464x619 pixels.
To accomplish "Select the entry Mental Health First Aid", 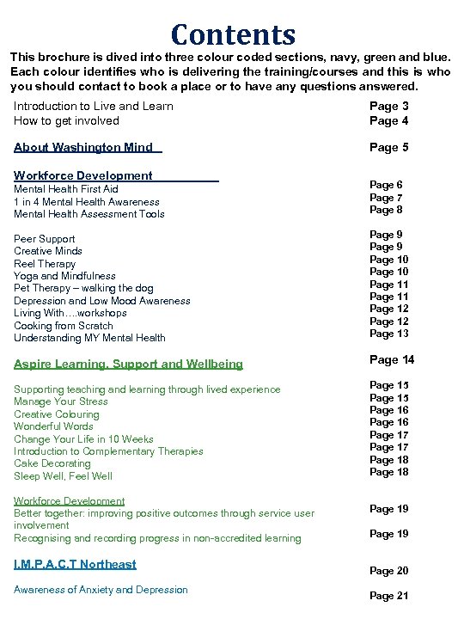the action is [x=66, y=189].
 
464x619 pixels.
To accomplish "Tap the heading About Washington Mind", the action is [x=83, y=147].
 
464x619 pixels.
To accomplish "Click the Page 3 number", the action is [x=389, y=107].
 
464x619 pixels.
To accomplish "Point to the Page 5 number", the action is [x=389, y=147].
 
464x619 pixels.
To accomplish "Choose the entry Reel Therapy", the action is [x=45, y=264].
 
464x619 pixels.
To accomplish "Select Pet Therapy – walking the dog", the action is [x=84, y=289].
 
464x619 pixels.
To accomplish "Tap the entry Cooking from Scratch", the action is [x=64, y=326].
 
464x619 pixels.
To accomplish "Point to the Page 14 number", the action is [x=392, y=359].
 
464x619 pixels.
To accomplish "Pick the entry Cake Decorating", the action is [x=52, y=463].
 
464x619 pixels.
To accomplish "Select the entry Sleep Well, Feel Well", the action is [x=63, y=476].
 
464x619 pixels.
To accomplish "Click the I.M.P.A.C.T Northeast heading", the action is [x=75, y=564].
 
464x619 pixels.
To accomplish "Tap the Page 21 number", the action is [x=389, y=596].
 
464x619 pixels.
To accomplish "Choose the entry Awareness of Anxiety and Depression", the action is [x=101, y=590].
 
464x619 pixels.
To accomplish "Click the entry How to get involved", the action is [x=66, y=121].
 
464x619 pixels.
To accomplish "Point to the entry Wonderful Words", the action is [x=53, y=426].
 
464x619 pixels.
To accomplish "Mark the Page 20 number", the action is [x=389, y=571].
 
